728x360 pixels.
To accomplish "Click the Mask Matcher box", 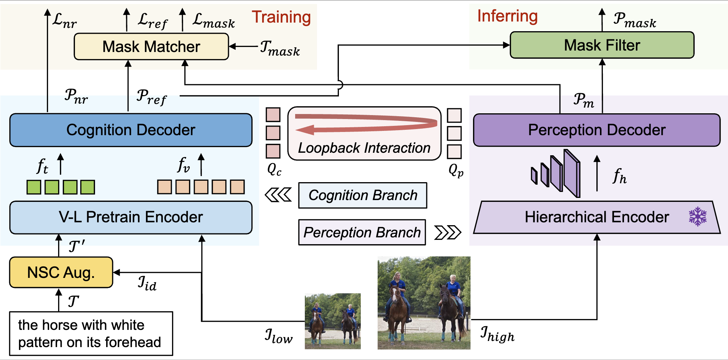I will [151, 47].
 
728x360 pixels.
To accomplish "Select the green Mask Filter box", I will [602, 45].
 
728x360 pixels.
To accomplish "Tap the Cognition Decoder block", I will [131, 130].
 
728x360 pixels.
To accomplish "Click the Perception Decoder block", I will [596, 130].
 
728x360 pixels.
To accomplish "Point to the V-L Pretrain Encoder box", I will [131, 217].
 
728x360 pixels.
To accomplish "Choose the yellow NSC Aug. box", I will [61, 273].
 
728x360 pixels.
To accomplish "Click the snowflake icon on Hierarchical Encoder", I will [698, 216].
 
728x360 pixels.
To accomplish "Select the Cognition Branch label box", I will [363, 195].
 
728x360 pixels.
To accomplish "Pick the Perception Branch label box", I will [362, 232].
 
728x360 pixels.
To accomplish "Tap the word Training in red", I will [281, 17].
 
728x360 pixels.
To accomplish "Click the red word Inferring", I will [507, 16].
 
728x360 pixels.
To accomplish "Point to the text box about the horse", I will [91, 333].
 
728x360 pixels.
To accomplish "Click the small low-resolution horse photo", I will [332, 321].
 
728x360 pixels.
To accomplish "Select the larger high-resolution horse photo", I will [424, 303].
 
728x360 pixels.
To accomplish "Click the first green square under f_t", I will [34, 187].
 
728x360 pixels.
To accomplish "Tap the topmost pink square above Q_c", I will [273, 115].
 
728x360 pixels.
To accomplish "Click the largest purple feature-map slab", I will [572, 174].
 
